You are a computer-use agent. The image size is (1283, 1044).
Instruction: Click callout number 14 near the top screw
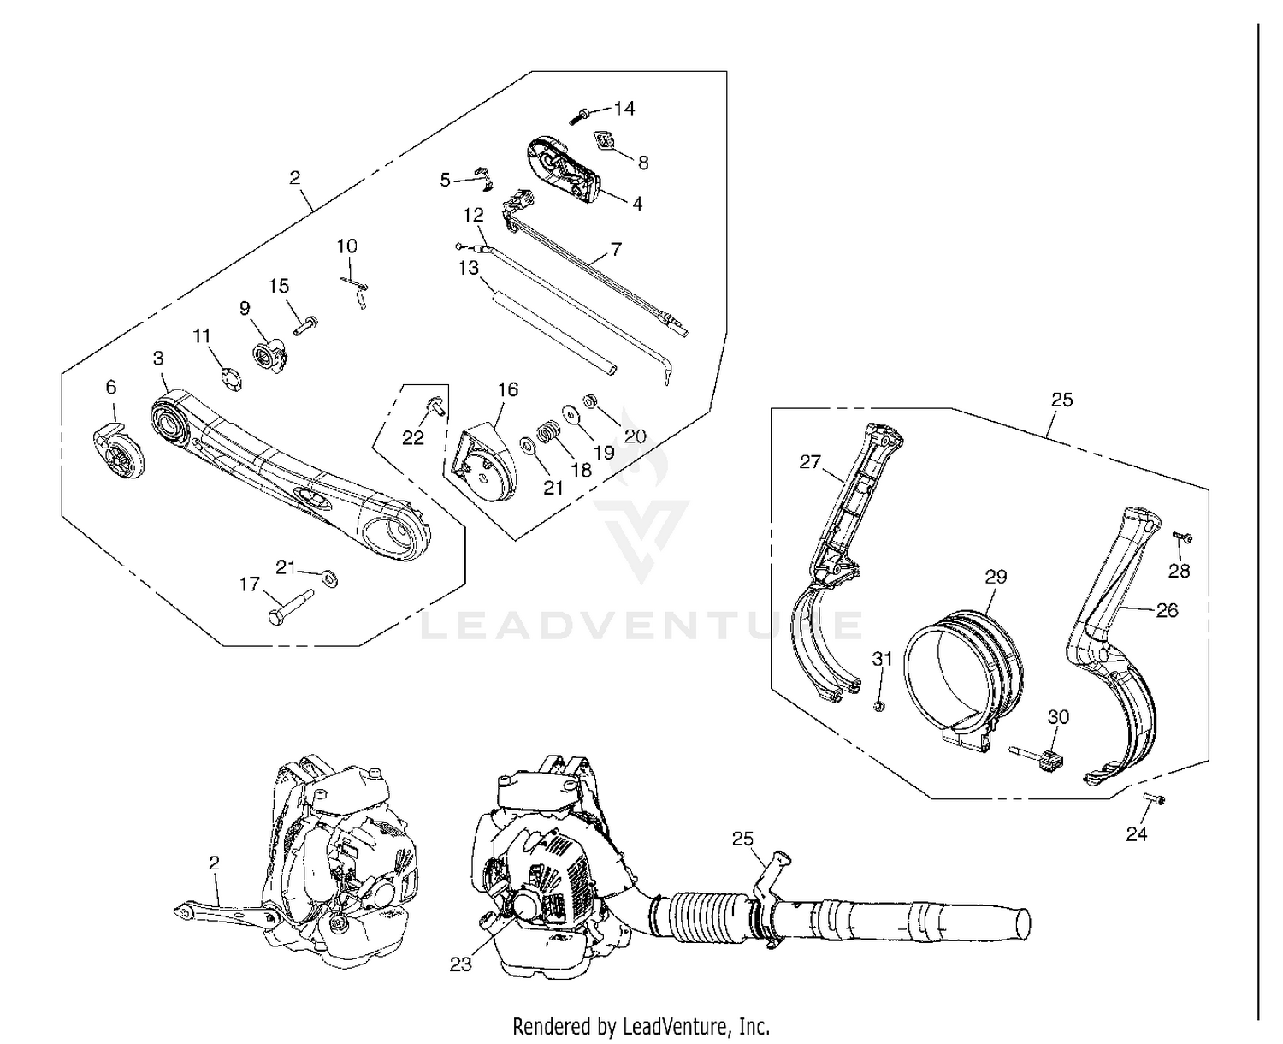[624, 108]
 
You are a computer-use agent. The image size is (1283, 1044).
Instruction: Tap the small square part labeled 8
[606, 140]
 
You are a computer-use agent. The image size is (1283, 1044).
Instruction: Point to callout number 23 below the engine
[461, 964]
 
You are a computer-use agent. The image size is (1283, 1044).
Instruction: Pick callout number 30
[1058, 717]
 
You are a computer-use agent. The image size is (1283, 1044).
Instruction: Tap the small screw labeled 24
[1155, 799]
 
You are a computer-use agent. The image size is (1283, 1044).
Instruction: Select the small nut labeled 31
[878, 706]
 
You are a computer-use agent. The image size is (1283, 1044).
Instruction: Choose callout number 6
[111, 388]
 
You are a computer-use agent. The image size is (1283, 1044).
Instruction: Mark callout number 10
[346, 246]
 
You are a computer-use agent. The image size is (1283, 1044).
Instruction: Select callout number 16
[508, 389]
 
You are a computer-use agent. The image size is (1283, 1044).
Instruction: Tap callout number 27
[810, 462]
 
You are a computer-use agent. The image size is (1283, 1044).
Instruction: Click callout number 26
[1167, 609]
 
